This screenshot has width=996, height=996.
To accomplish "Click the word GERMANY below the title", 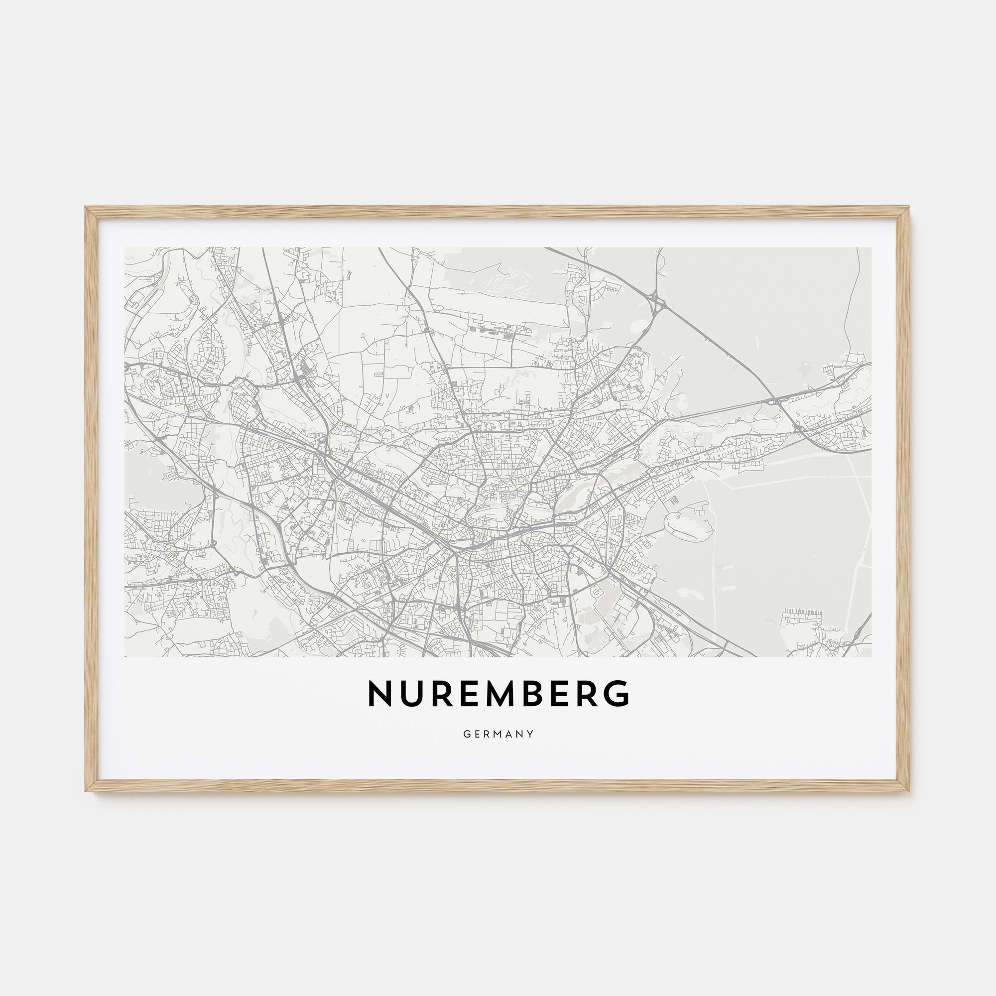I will [x=498, y=734].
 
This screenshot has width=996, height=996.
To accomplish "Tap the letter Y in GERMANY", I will [x=530, y=734].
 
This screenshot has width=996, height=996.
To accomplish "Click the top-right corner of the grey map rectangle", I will [x=871, y=248].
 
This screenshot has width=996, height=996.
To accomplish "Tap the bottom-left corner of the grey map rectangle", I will [x=125, y=656].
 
